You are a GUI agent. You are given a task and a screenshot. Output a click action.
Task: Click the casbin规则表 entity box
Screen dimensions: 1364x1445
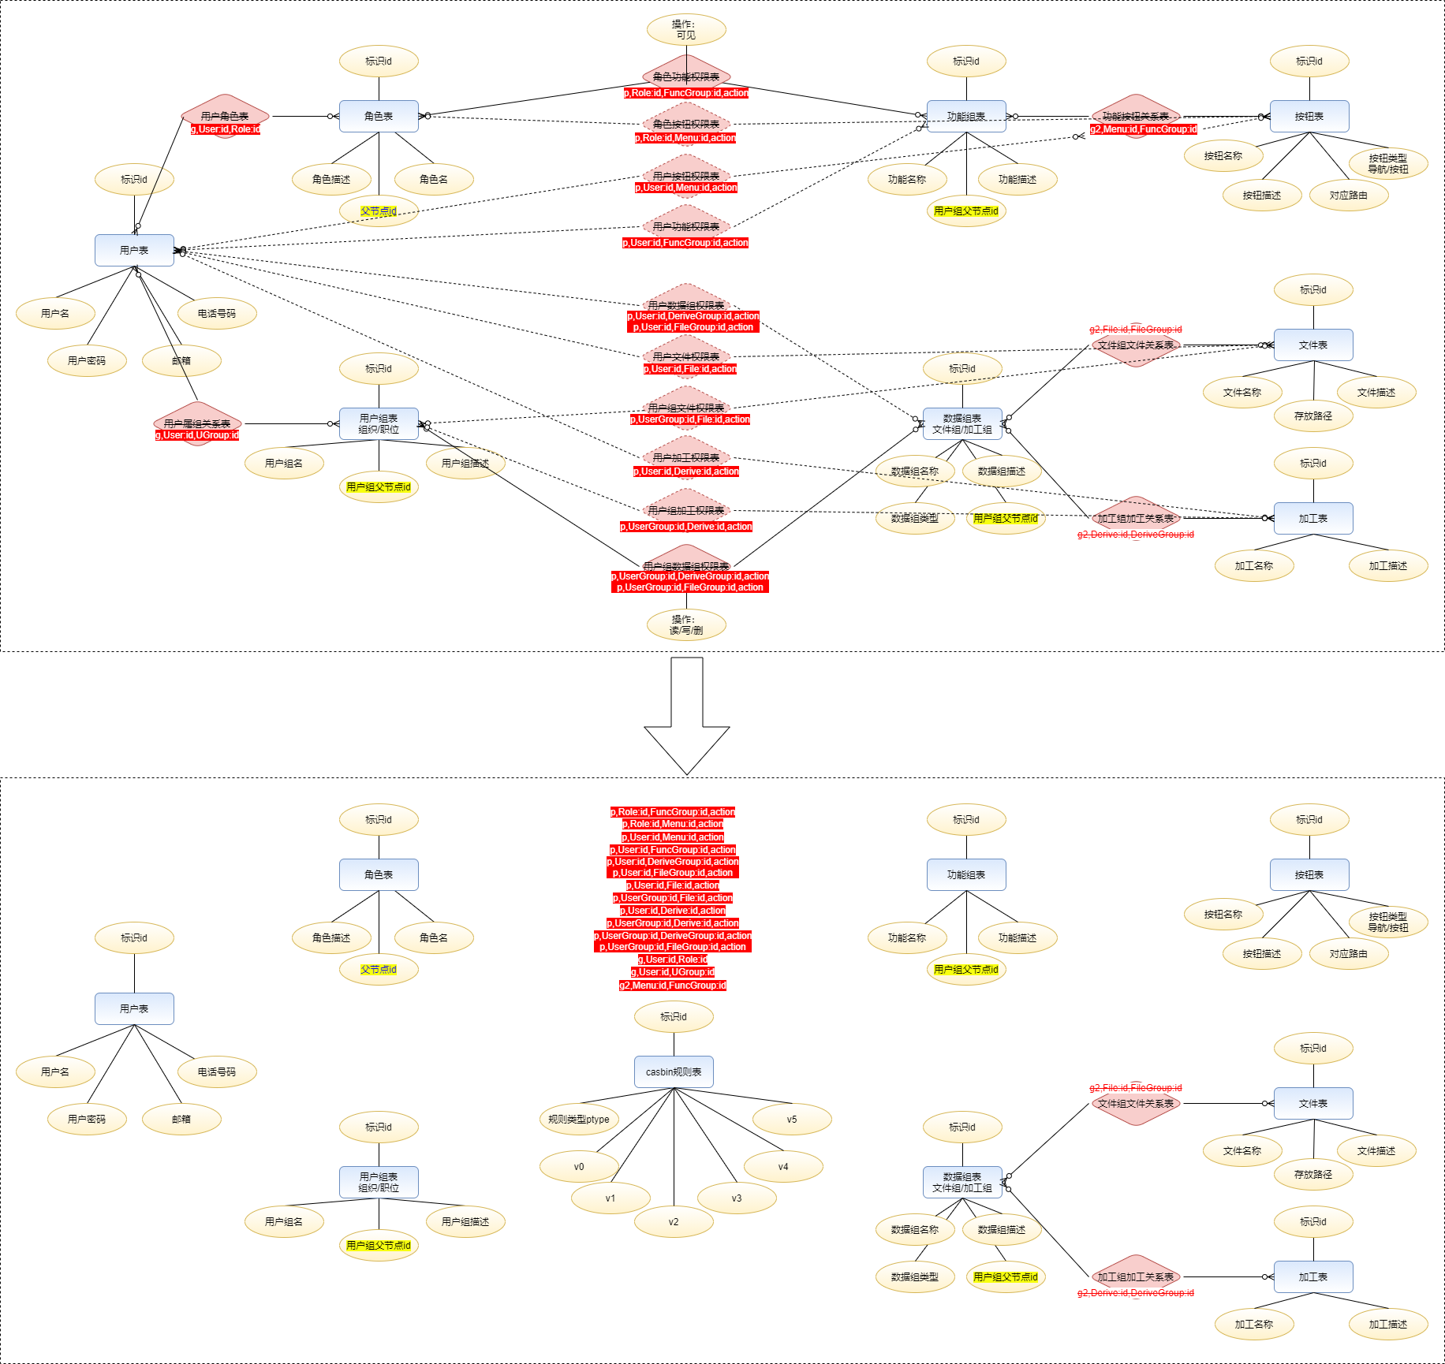click(x=674, y=1071)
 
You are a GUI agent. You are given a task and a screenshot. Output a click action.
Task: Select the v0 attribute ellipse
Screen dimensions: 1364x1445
click(x=579, y=1166)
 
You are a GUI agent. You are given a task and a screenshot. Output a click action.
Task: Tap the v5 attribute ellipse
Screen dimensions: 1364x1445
click(x=792, y=1119)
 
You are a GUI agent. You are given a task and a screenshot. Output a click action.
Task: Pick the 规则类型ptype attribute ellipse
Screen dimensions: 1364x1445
click(x=579, y=1119)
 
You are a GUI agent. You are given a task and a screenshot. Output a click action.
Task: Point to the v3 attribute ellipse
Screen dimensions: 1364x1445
click(x=737, y=1198)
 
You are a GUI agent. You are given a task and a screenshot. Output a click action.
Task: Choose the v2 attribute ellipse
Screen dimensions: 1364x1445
click(x=674, y=1221)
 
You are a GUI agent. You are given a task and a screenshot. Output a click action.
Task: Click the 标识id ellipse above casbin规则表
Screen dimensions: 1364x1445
click(x=674, y=1016)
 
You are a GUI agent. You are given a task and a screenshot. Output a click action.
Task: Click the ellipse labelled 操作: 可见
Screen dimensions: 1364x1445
click(x=686, y=30)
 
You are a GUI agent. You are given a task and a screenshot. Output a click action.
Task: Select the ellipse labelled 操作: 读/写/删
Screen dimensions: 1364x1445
click(x=686, y=625)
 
